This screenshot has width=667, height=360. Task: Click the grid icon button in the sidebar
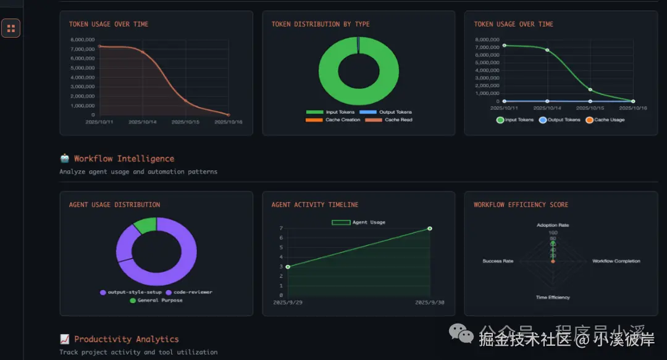[11, 28]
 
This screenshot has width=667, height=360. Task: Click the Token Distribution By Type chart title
[320, 24]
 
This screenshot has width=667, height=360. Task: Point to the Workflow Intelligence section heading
[124, 159]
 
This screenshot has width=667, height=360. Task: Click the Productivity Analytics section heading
[127, 339]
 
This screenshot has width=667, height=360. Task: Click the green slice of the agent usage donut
[146, 225]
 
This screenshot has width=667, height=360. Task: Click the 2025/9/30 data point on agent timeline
[429, 228]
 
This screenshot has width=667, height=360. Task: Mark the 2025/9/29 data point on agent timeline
[288, 267]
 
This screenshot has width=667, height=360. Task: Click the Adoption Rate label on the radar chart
[553, 225]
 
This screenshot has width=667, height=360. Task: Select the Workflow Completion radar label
[616, 261]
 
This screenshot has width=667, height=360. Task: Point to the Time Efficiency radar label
[553, 298]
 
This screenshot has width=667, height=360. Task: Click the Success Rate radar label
[498, 261]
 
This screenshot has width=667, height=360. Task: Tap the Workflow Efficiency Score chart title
[521, 204]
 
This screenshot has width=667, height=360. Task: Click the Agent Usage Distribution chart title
[114, 204]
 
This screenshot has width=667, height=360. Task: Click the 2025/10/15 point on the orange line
[185, 101]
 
